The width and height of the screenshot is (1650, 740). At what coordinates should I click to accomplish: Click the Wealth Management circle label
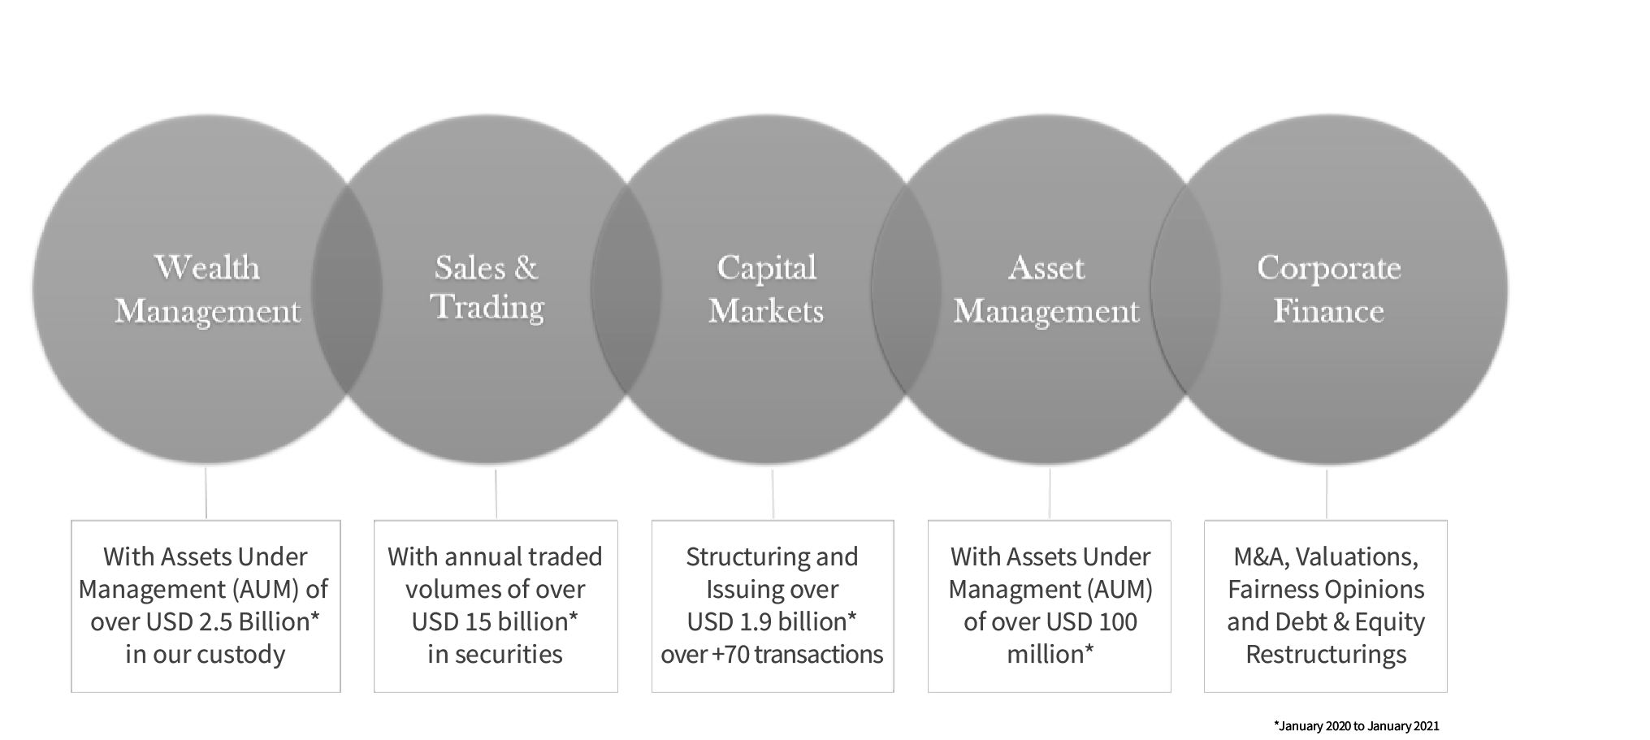207,289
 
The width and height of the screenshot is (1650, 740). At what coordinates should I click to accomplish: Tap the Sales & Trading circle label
487,288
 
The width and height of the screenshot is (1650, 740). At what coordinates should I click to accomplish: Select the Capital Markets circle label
766,289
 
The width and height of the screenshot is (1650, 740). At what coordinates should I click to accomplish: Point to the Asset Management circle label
1046,289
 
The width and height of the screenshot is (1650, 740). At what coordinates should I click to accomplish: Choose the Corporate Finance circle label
1328,289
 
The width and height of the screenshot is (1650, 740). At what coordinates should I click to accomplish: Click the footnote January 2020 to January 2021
1356,725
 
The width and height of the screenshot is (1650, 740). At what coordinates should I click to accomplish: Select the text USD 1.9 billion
764,621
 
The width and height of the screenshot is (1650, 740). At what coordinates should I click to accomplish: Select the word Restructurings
1326,655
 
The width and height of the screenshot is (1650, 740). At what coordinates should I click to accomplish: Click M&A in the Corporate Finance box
1260,556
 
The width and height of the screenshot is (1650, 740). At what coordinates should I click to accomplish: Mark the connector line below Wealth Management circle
206,492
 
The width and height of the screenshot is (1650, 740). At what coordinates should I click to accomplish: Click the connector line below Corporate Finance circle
1327,493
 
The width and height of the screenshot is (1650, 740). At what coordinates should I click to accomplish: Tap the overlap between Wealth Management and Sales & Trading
347,289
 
